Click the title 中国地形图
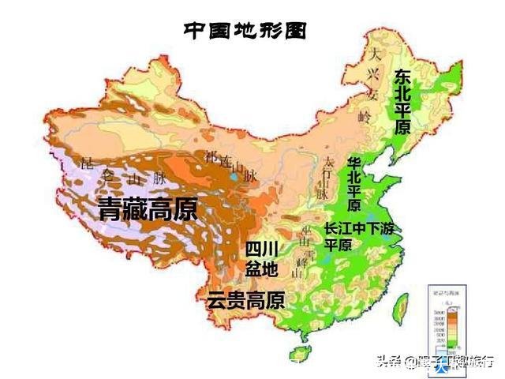(x=244, y=31)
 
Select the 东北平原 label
(x=402, y=102)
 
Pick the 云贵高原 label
(x=245, y=300)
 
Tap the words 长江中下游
(x=358, y=228)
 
